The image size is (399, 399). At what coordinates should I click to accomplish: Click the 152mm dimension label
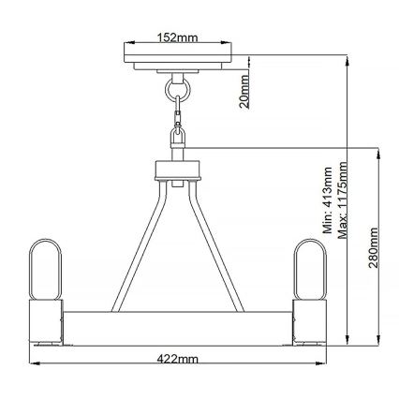(x=177, y=38)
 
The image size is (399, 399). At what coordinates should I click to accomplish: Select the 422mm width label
(x=176, y=358)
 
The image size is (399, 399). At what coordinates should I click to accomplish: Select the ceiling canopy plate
(x=177, y=54)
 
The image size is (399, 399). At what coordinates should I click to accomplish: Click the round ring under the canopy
(x=177, y=91)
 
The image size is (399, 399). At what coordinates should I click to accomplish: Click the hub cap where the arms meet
(x=177, y=171)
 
